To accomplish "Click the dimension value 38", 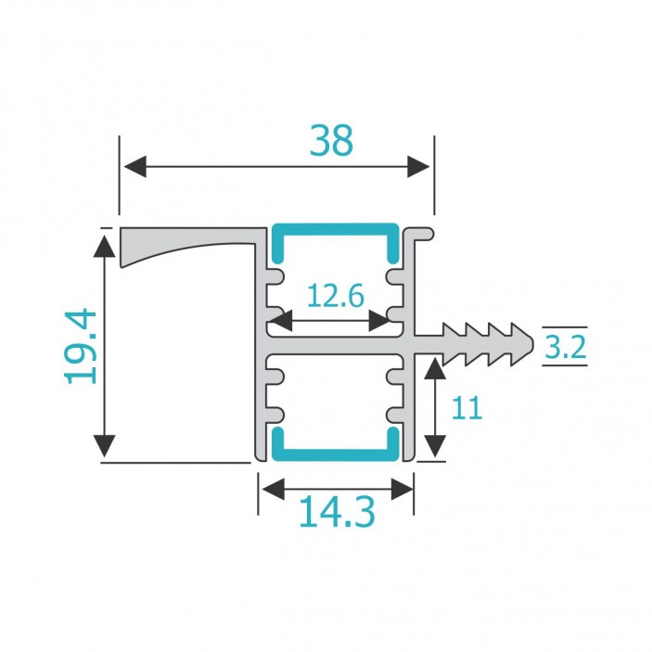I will (331, 141).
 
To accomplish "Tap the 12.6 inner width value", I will (335, 297).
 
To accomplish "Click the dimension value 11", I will (468, 408).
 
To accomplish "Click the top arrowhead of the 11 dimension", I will (432, 371).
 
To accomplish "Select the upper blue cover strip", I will (335, 229).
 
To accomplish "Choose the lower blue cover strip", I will (335, 454).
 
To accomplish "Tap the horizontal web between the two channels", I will (335, 342).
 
